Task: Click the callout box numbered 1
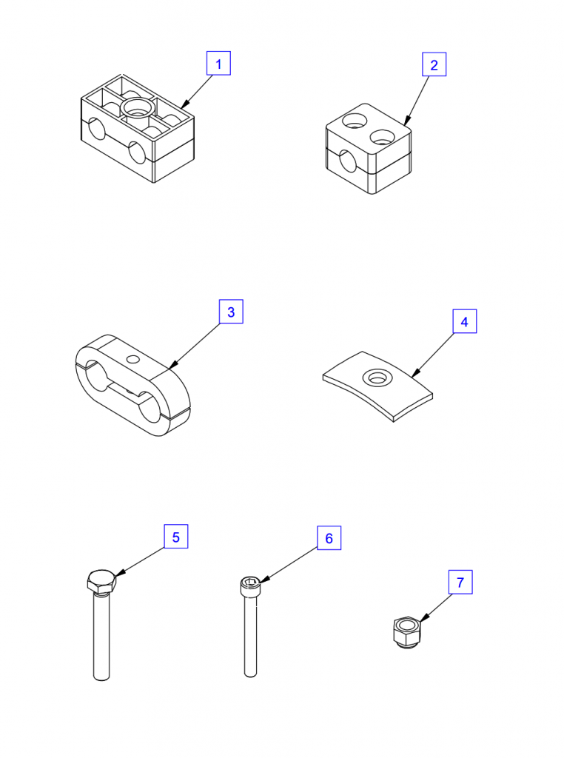click(x=218, y=64)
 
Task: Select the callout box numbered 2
click(x=434, y=64)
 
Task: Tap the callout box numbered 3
click(x=231, y=312)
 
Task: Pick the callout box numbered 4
click(x=464, y=321)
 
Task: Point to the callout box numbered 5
click(x=176, y=537)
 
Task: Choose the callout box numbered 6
click(x=329, y=537)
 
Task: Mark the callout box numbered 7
click(x=460, y=582)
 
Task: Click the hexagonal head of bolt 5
click(x=102, y=583)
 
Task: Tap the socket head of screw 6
click(x=251, y=586)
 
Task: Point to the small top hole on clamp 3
click(x=132, y=359)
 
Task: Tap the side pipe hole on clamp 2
click(x=347, y=161)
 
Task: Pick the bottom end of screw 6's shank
click(x=250, y=674)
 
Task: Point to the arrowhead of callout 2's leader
click(x=407, y=121)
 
